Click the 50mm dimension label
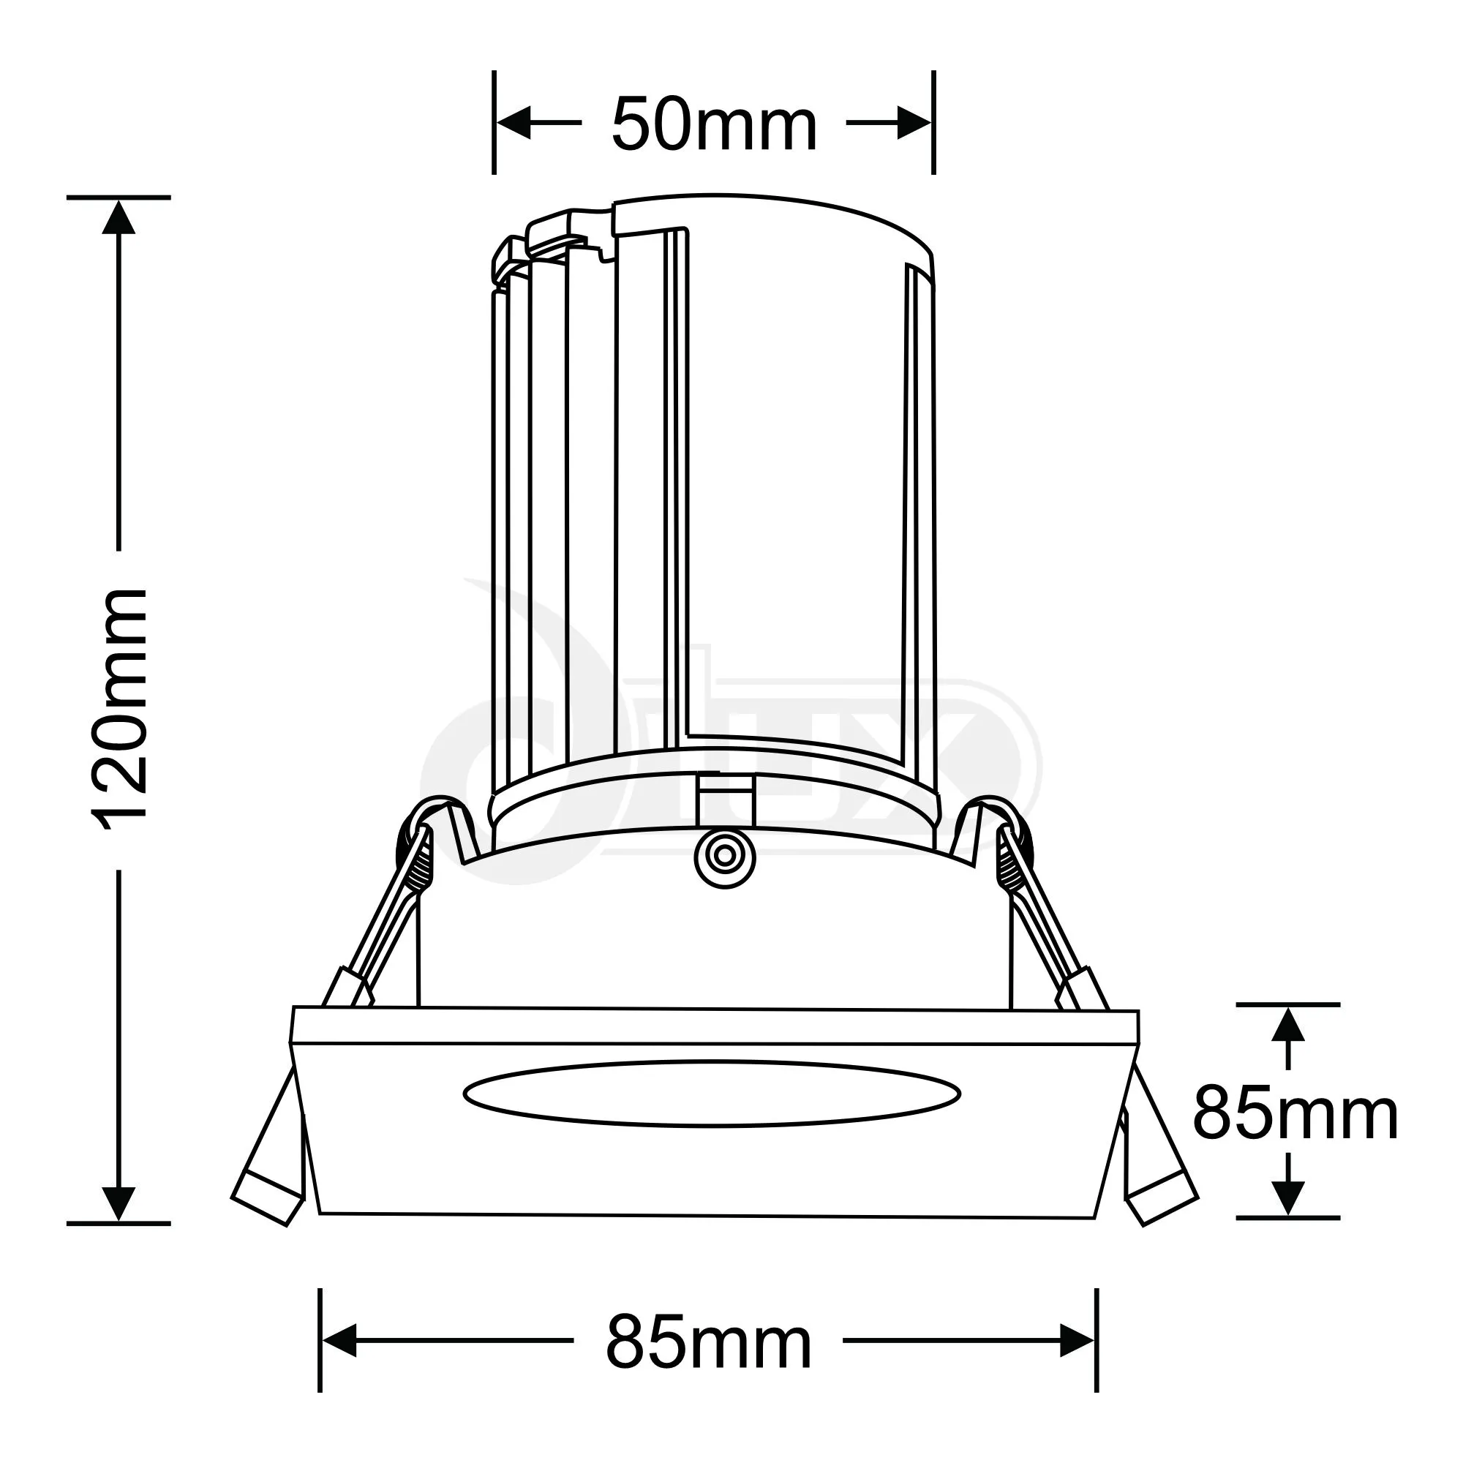pyautogui.click(x=714, y=125)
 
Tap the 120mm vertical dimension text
pyautogui.click(x=119, y=709)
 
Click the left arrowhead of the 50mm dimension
pyautogui.click(x=514, y=123)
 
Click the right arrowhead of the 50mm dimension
pyautogui.click(x=913, y=123)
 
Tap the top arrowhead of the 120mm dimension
pyautogui.click(x=119, y=217)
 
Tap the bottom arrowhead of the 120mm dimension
pyautogui.click(x=119, y=1203)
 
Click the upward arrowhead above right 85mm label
pyautogui.click(x=1288, y=1027)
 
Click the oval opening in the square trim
pyautogui.click(x=711, y=1094)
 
